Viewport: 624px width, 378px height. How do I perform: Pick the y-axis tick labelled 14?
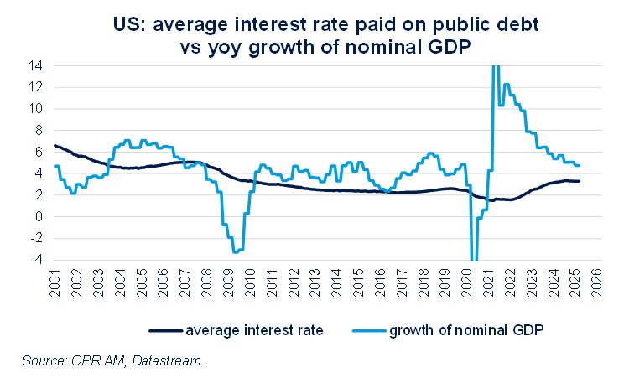click(37, 65)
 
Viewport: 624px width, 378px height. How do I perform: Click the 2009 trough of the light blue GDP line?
click(236, 251)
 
